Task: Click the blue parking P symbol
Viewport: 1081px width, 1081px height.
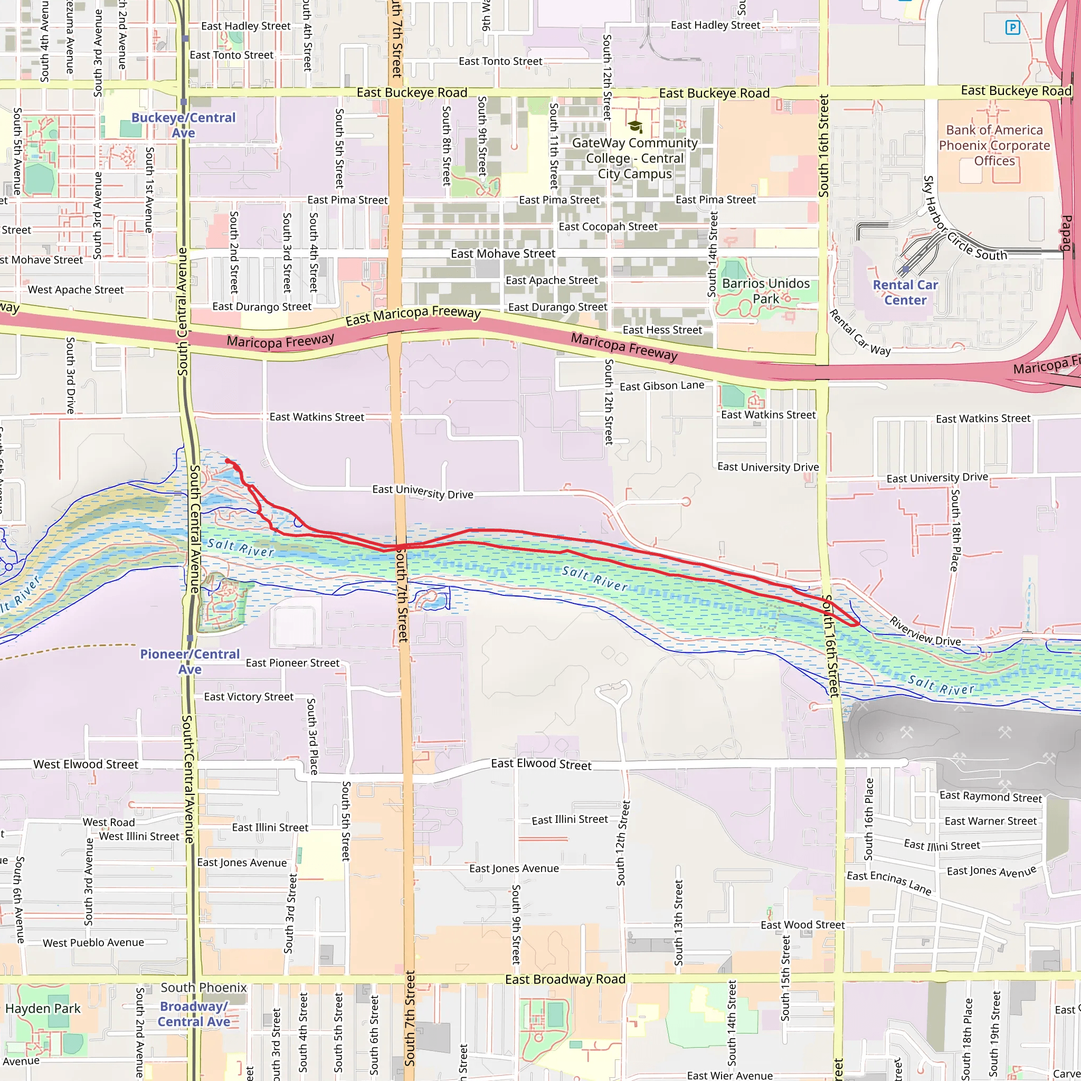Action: tap(1012, 27)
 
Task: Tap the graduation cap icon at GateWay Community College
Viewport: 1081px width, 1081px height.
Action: tap(635, 127)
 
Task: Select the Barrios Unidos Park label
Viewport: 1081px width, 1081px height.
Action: tap(765, 291)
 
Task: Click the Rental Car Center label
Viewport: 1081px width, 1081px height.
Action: tap(905, 292)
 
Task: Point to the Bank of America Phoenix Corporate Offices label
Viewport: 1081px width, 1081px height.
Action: tap(994, 146)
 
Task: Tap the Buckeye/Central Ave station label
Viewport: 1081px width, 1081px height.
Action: tap(184, 125)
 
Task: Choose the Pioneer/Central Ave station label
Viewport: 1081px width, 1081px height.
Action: tap(189, 661)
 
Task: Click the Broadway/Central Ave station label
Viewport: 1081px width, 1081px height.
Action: tap(194, 1014)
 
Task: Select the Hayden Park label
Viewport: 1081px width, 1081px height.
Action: tap(43, 1009)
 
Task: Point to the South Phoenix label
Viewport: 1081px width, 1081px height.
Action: tap(204, 988)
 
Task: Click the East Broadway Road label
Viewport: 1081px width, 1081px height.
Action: tap(565, 979)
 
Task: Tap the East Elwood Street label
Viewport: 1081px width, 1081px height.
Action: tap(541, 764)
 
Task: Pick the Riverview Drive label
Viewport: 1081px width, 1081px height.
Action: tap(925, 631)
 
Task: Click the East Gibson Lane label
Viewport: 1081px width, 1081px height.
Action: tap(662, 385)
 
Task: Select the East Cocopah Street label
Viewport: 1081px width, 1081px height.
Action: tap(608, 226)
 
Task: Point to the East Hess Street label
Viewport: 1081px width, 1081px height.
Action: tap(662, 330)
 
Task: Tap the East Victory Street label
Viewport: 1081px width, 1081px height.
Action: tap(249, 697)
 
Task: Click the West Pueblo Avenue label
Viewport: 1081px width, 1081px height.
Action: tap(93, 943)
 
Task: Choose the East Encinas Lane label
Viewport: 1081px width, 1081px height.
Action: tap(889, 883)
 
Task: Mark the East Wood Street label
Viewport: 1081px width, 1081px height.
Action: tap(802, 925)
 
